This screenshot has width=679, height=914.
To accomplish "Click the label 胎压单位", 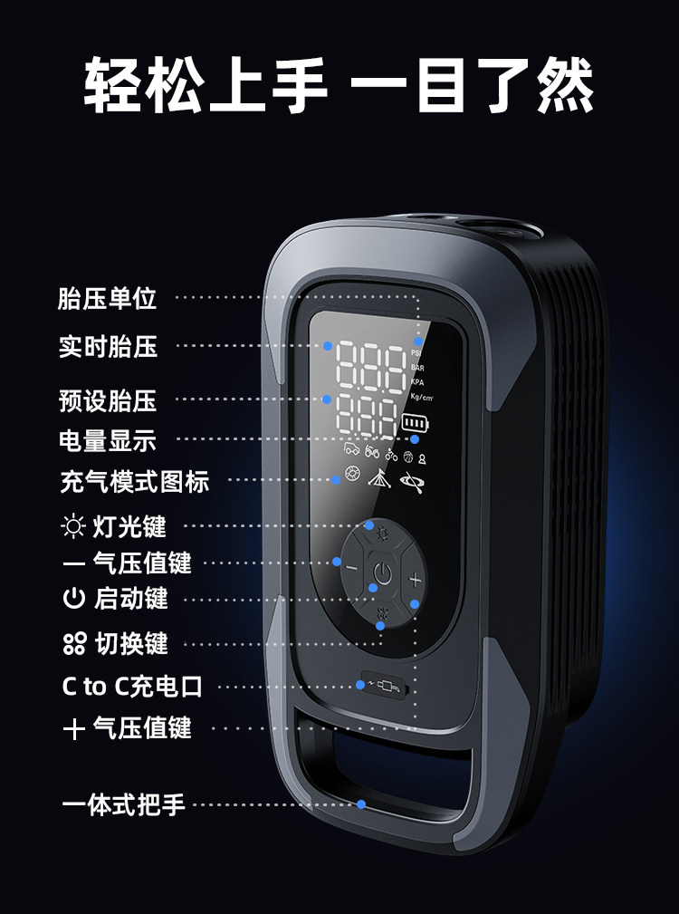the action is click(x=107, y=299).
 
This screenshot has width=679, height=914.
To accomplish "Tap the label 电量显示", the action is click(x=107, y=441).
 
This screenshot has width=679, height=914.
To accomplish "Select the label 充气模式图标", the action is click(x=135, y=481).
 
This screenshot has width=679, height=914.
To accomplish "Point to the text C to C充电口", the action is click(x=132, y=687).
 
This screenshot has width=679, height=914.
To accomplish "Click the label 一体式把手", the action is click(x=123, y=804).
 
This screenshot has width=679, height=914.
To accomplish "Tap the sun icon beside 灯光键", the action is click(x=72, y=525).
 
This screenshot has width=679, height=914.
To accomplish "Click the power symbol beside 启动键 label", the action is click(x=73, y=599).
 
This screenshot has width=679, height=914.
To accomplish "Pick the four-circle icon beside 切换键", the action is click(x=73, y=644).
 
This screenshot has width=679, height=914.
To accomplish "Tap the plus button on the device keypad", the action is click(x=416, y=580).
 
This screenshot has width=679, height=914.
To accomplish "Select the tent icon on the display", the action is click(x=378, y=476).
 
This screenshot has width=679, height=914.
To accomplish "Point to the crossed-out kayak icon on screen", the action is click(x=412, y=477).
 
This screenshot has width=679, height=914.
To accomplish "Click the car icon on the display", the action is click(x=350, y=450).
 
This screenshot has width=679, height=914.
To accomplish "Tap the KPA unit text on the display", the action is click(x=417, y=381).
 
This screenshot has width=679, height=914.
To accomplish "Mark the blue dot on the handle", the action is click(x=361, y=803).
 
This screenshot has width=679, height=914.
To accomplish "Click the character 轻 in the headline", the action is click(x=114, y=87).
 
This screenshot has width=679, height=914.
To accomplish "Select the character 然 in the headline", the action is click(x=565, y=87).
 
